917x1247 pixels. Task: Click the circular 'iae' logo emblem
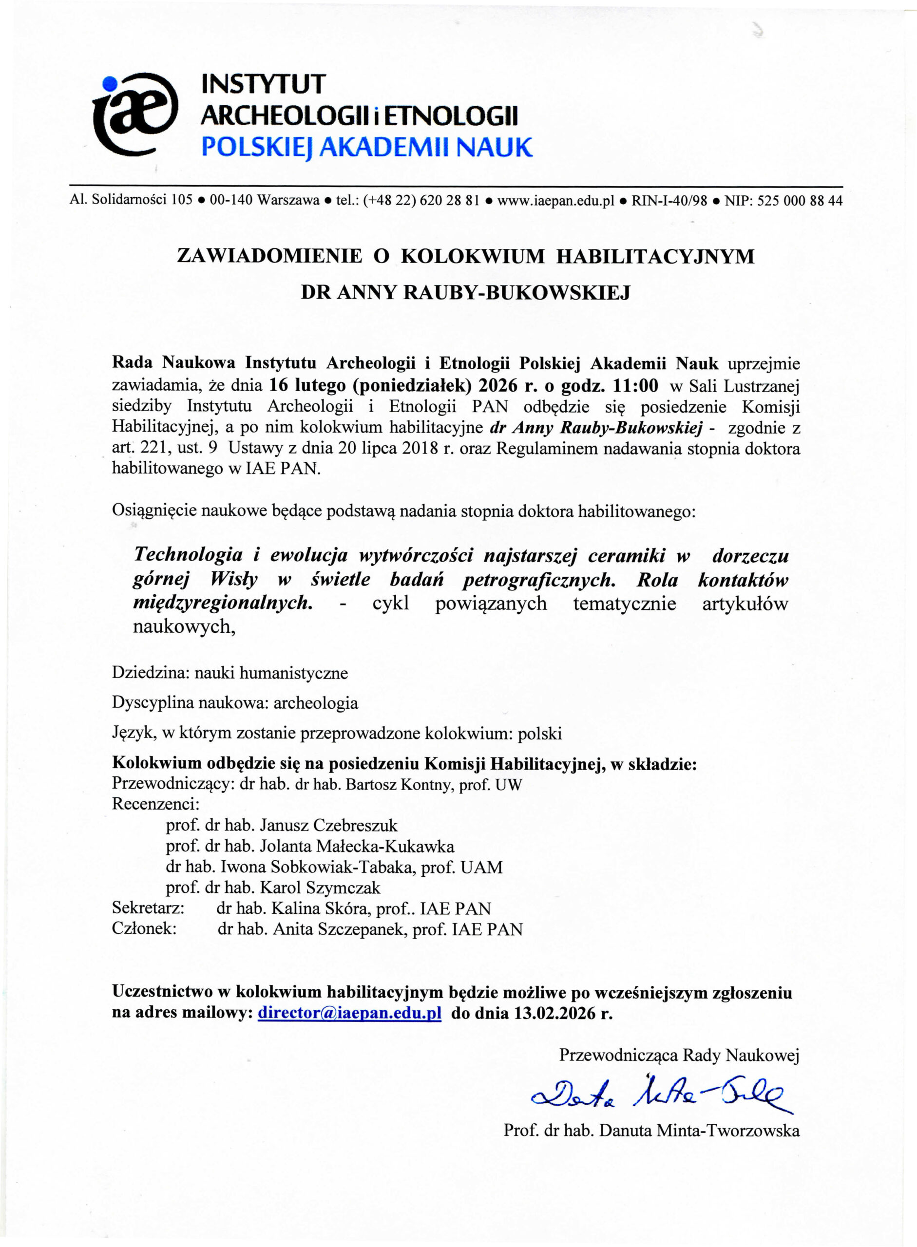136,114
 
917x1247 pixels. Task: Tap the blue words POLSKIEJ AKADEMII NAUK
366,148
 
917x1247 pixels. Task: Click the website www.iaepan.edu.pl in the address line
555,200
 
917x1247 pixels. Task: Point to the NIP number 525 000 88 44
799,200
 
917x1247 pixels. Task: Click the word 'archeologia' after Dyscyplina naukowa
316,703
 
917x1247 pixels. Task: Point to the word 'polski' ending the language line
539,734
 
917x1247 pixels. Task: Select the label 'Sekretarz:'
148,908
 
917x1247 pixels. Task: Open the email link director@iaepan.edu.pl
350,1013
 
